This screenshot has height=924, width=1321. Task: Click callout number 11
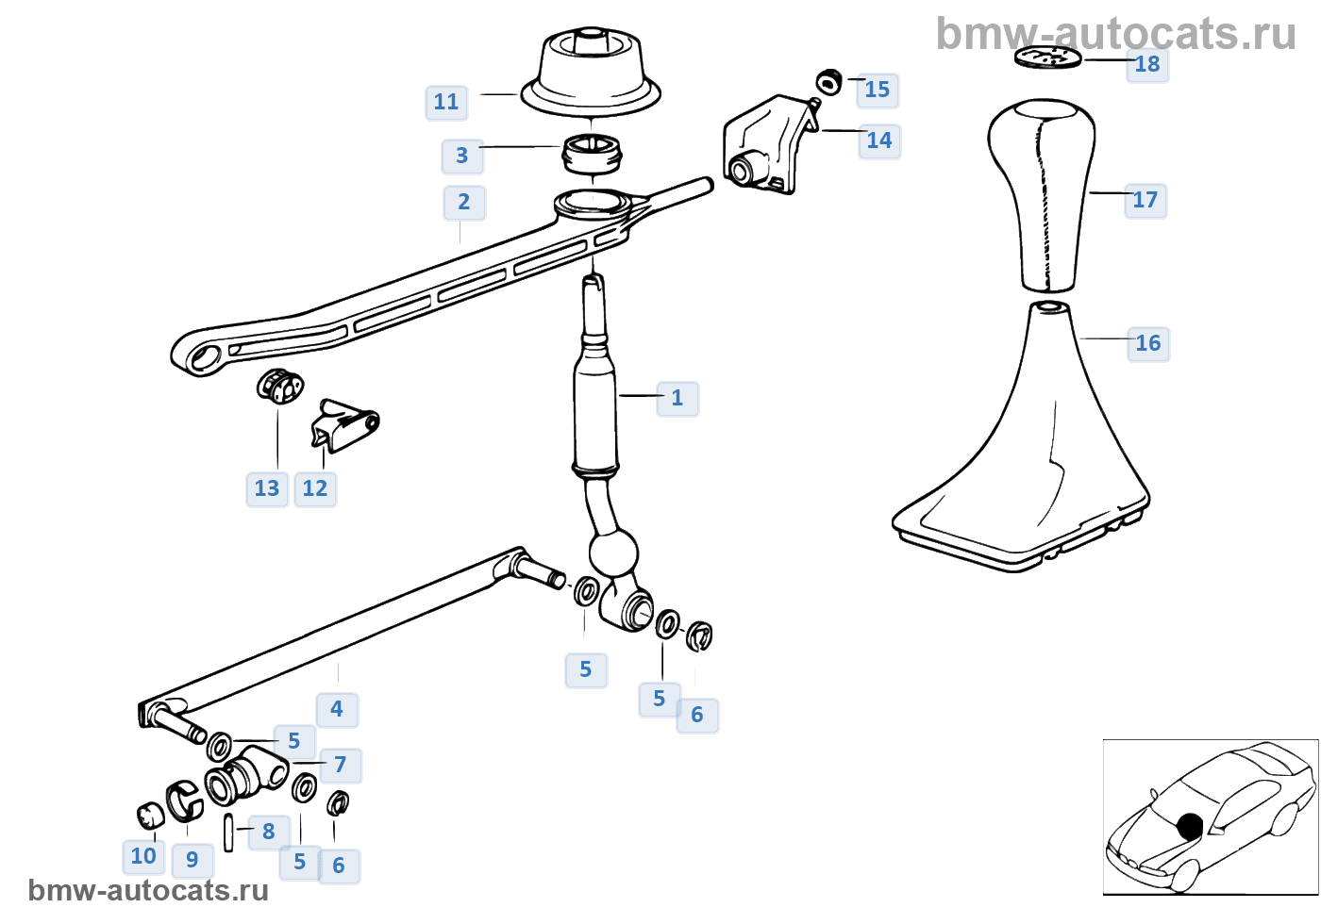[446, 102]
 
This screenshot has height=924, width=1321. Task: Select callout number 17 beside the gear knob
[1145, 200]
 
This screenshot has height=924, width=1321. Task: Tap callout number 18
[1147, 64]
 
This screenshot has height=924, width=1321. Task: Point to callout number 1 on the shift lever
[677, 398]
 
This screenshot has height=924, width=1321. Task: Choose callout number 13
[267, 488]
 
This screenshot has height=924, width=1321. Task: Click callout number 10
[143, 856]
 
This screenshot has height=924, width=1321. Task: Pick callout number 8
[269, 832]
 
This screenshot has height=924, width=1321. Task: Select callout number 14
[879, 140]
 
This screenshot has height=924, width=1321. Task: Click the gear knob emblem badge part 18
[1047, 58]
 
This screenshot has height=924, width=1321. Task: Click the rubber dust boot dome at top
[591, 71]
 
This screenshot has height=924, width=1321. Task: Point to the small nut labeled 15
[829, 82]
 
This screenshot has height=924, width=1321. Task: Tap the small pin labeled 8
[228, 832]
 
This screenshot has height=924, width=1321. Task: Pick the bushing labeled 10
[151, 816]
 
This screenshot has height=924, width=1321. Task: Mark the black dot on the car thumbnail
[1190, 827]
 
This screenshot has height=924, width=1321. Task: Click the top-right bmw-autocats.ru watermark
[1116, 34]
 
